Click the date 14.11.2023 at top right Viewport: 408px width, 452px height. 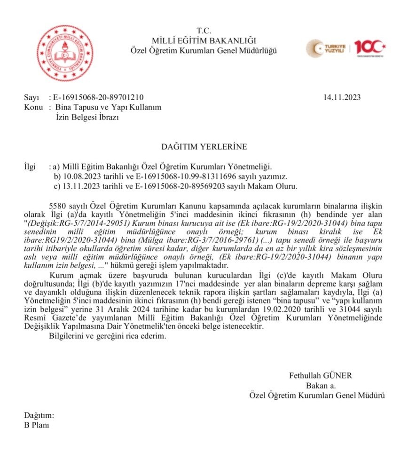click(x=342, y=97)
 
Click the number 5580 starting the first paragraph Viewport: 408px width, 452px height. click(x=57, y=206)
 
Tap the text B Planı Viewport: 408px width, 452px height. click(x=36, y=425)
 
